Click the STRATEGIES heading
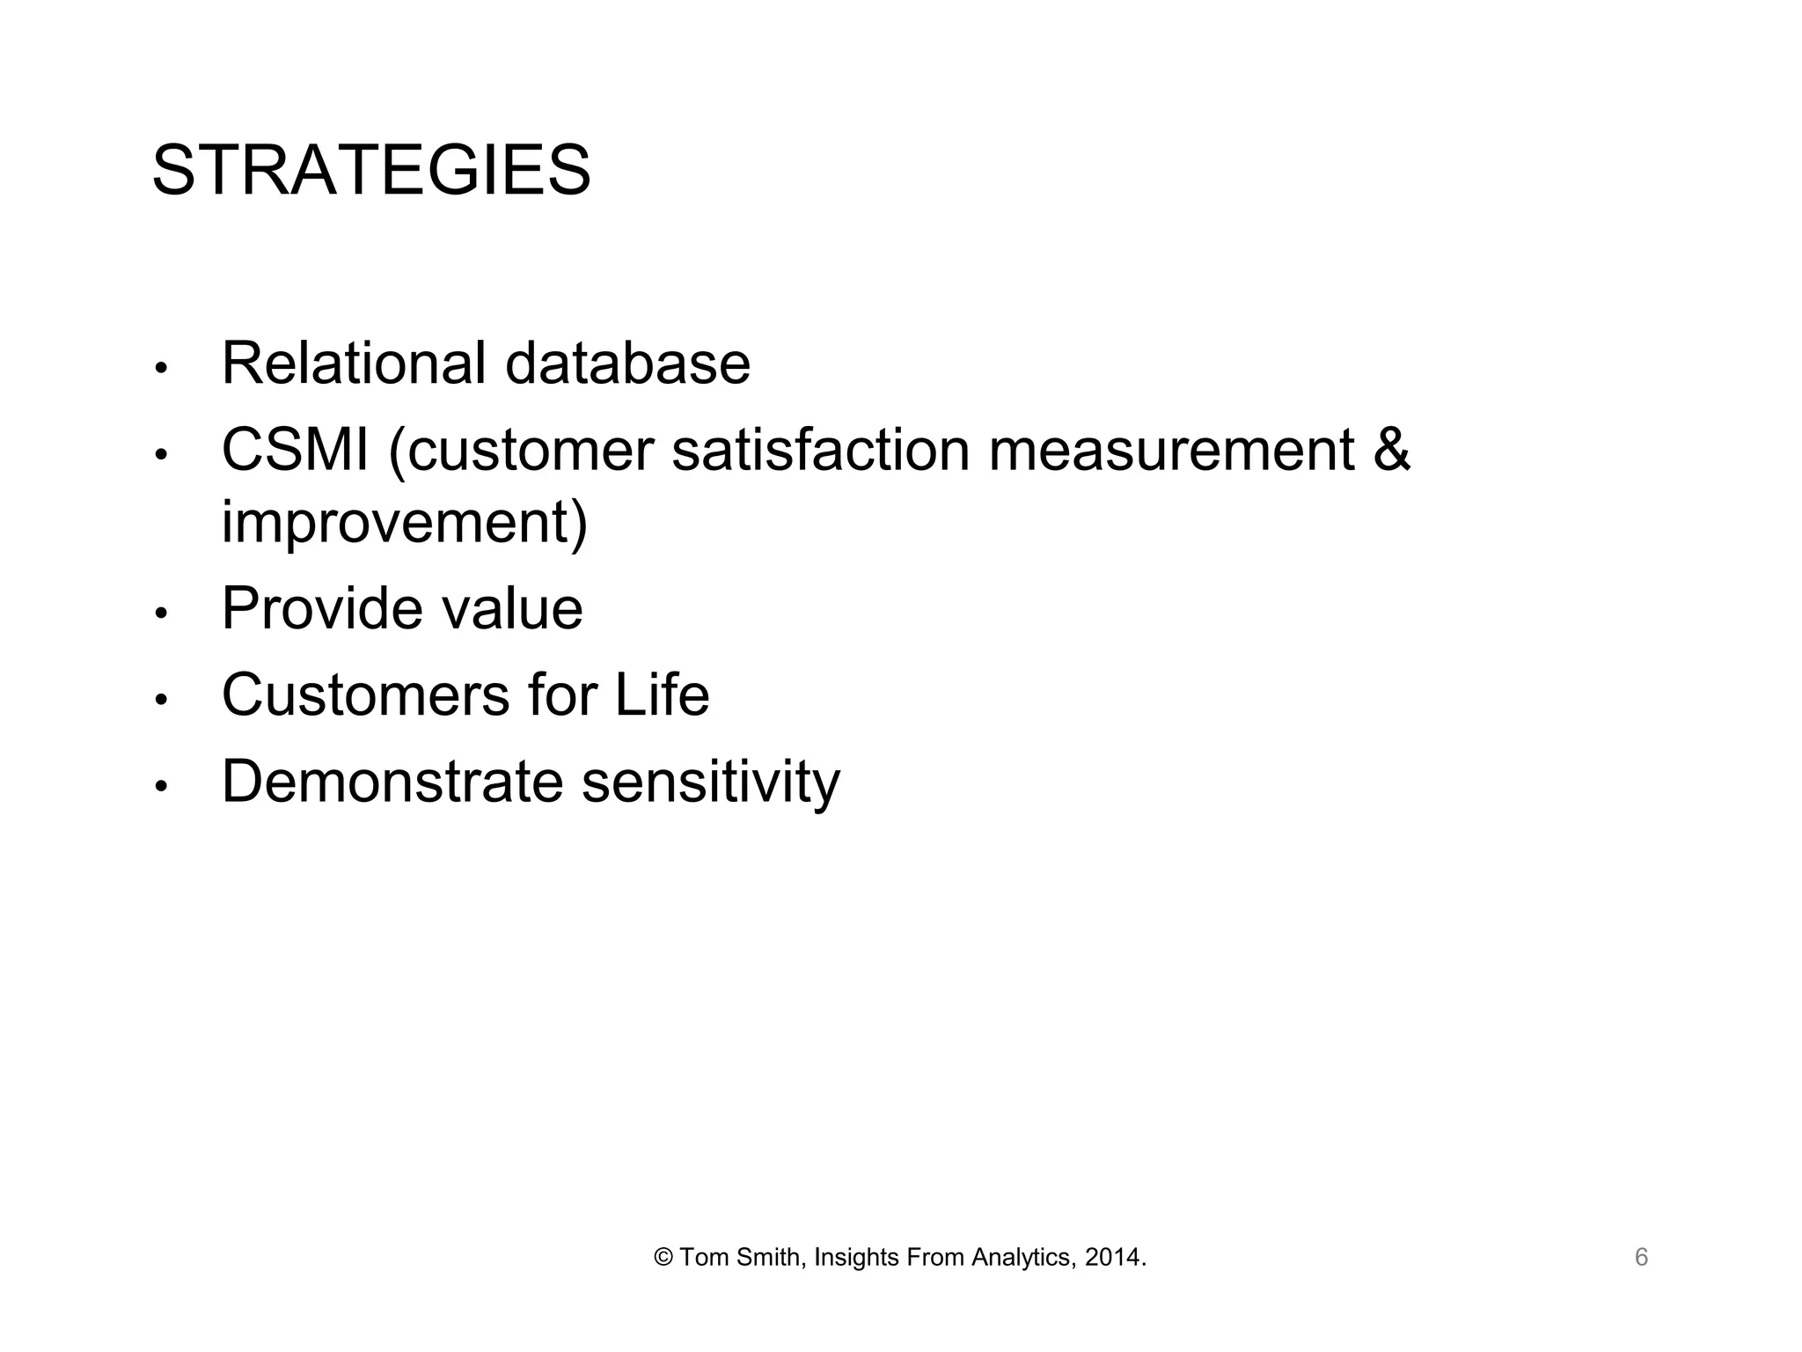[370, 171]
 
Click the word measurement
[1171, 450]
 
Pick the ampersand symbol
[1390, 450]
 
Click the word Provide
[321, 608]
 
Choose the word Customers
[365, 694]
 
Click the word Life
[662, 694]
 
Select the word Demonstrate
[392, 781]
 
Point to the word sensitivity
[711, 781]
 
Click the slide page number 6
[1641, 1258]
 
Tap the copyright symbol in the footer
[663, 1258]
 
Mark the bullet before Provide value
[160, 613]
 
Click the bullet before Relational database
[160, 368]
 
